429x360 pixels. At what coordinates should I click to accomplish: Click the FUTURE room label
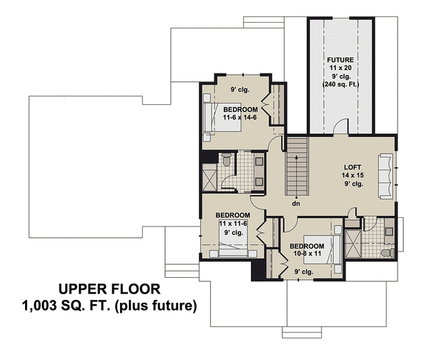[x=341, y=59]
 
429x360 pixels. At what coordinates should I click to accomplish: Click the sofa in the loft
[x=385, y=174]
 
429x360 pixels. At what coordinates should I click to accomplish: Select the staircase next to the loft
[x=296, y=166]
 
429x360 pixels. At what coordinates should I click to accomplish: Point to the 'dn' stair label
[x=295, y=204]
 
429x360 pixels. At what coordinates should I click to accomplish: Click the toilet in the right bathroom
[x=387, y=253]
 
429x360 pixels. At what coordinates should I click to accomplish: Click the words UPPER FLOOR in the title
[x=109, y=289]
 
